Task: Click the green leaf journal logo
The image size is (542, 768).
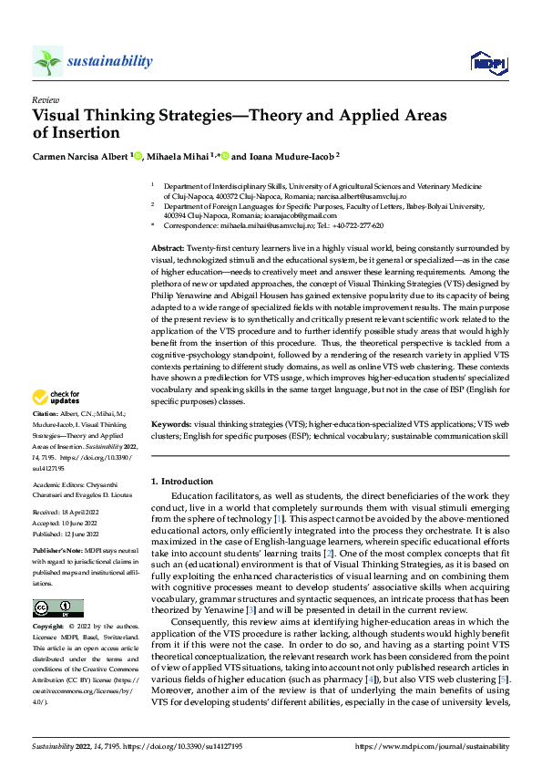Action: pos(47,62)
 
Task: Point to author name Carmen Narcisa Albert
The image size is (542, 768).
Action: pos(80,156)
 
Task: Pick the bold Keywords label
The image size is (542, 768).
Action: pos(170,450)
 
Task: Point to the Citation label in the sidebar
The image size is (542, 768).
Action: pos(46,439)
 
